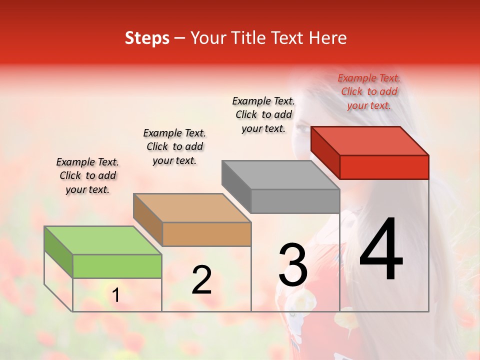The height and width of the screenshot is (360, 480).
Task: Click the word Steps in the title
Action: tap(147, 38)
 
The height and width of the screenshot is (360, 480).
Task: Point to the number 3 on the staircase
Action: tap(293, 265)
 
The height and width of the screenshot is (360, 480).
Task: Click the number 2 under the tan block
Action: tap(201, 280)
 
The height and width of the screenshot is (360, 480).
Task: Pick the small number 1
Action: tap(116, 295)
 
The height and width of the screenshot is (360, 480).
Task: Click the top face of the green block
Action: tap(103, 240)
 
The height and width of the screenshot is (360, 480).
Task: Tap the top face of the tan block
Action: tap(192, 207)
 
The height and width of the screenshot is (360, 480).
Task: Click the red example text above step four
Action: tap(369, 91)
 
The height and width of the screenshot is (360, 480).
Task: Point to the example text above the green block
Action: tap(87, 175)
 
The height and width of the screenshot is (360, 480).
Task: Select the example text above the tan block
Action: tap(174, 146)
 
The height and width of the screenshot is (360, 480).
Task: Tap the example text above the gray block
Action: tap(263, 114)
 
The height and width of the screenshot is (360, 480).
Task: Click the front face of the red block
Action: tap(384, 167)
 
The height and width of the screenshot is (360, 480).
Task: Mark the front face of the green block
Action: tap(117, 266)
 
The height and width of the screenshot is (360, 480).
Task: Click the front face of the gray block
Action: tap(295, 201)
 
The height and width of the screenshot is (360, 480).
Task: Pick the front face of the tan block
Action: tap(206, 234)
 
